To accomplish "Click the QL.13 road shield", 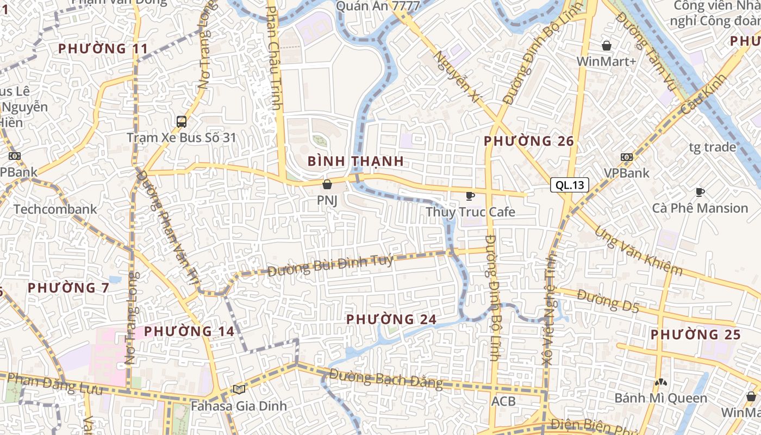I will (570, 185).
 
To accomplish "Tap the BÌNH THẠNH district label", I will (355, 161).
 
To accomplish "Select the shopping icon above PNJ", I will (327, 184).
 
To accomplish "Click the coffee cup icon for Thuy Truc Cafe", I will (470, 196).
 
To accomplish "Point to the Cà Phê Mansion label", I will (700, 208).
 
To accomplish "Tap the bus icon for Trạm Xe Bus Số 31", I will (182, 122).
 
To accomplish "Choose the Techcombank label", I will (55, 209).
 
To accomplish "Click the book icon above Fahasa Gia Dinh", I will (239, 389).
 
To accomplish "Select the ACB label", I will (503, 401).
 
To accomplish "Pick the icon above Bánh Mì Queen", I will (660, 382).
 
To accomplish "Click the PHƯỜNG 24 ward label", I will (391, 319).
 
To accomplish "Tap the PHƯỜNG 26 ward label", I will (529, 141).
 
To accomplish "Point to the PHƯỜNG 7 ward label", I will (68, 288).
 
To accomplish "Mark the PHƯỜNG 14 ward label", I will (189, 331).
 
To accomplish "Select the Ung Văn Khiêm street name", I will (639, 251).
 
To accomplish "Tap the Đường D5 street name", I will (608, 301).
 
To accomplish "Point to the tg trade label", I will (712, 147).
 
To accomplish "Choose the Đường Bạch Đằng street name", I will (386, 378).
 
